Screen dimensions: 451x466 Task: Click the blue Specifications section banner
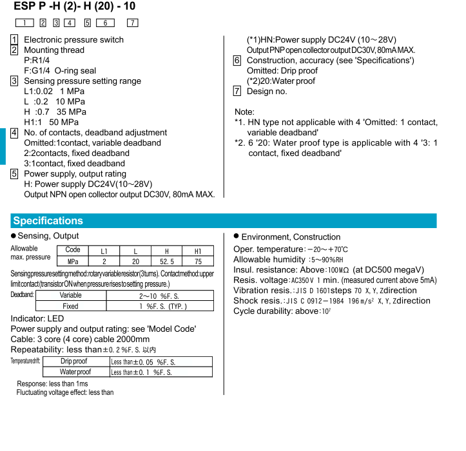click(x=48, y=221)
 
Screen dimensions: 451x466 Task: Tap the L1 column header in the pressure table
click(x=104, y=251)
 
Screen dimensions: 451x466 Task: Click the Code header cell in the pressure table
click(x=73, y=251)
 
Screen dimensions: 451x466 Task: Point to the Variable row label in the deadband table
click(x=70, y=295)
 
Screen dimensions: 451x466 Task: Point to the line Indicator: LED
click(x=37, y=318)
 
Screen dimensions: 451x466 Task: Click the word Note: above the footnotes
click(x=244, y=112)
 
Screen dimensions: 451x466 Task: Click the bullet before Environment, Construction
click(x=236, y=236)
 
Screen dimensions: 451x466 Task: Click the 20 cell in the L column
click(x=135, y=262)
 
